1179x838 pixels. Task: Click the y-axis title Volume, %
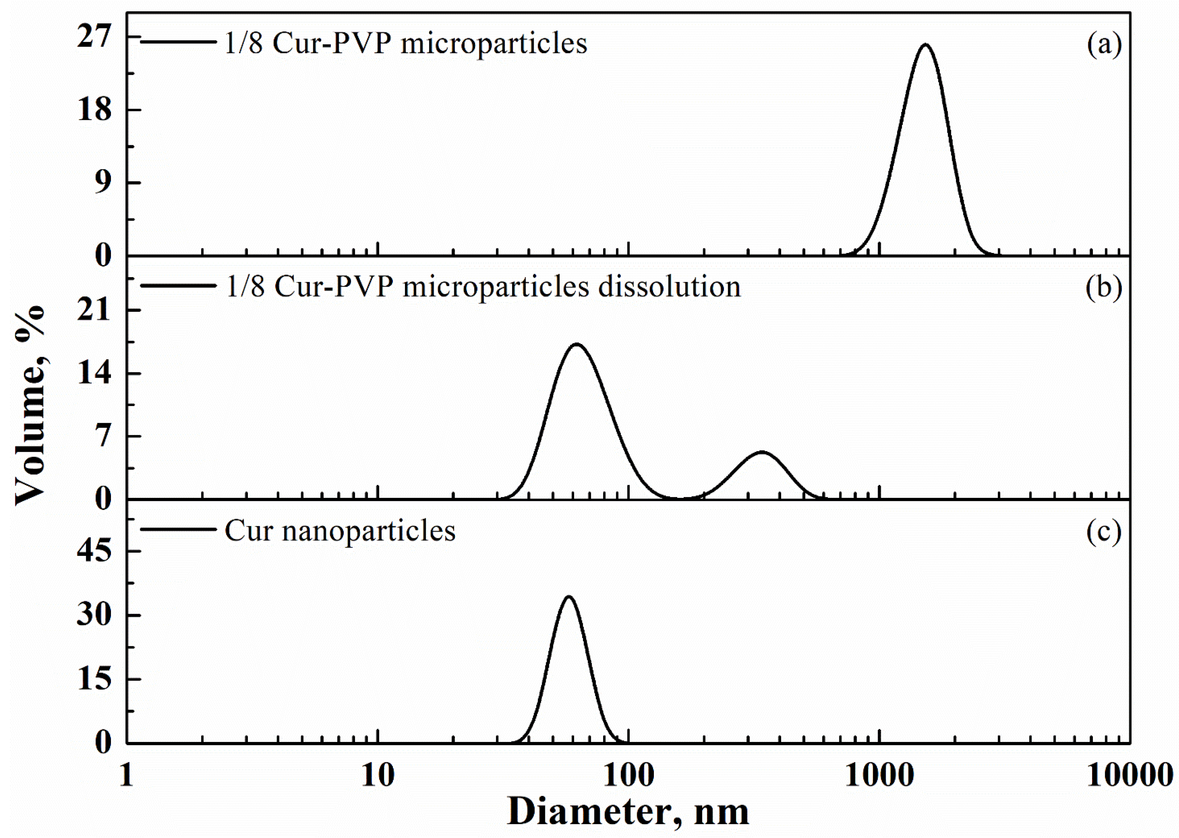[x=30, y=405]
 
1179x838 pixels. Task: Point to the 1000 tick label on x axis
[x=879, y=775]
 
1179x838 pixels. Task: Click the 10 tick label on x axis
[x=378, y=775]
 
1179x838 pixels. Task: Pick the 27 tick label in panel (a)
[x=95, y=37]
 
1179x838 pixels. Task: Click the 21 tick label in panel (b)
[x=95, y=310]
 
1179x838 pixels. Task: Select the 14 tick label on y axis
[x=95, y=373]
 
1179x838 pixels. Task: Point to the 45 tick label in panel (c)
[x=95, y=551]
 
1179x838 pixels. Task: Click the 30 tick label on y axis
[x=95, y=615]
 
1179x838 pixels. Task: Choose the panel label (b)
[x=1103, y=287]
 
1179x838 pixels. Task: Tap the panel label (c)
[x=1103, y=532]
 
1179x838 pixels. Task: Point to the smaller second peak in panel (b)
[x=761, y=452]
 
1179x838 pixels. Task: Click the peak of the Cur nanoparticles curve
[x=569, y=597]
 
